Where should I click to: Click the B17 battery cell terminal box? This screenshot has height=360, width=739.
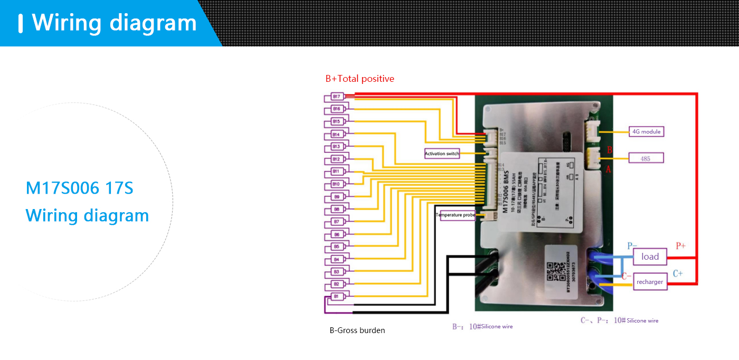point(336,96)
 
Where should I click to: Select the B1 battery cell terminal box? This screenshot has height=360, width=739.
point(336,297)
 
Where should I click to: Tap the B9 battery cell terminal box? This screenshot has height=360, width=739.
point(336,196)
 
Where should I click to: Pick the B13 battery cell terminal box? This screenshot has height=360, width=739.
point(336,146)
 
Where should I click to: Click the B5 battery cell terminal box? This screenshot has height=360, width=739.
point(336,247)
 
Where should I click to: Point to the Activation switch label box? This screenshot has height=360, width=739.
point(442,154)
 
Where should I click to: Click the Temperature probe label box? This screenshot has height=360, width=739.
point(455,215)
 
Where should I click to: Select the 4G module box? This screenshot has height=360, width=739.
point(647,131)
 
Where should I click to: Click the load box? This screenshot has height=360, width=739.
point(650,257)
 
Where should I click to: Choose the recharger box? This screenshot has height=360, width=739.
point(650,282)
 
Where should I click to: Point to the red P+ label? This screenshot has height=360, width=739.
point(681,246)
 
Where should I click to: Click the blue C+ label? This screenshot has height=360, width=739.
point(678,273)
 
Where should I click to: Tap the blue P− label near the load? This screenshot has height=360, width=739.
point(632,246)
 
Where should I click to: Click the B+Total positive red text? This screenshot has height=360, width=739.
point(359,79)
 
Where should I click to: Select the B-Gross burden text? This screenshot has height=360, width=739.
point(357,330)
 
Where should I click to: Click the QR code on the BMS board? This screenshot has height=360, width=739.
point(553,272)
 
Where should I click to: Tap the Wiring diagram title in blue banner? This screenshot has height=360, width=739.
point(114,23)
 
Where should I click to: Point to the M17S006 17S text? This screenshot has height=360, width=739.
point(80,188)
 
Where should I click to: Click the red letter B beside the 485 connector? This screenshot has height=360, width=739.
point(610,150)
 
